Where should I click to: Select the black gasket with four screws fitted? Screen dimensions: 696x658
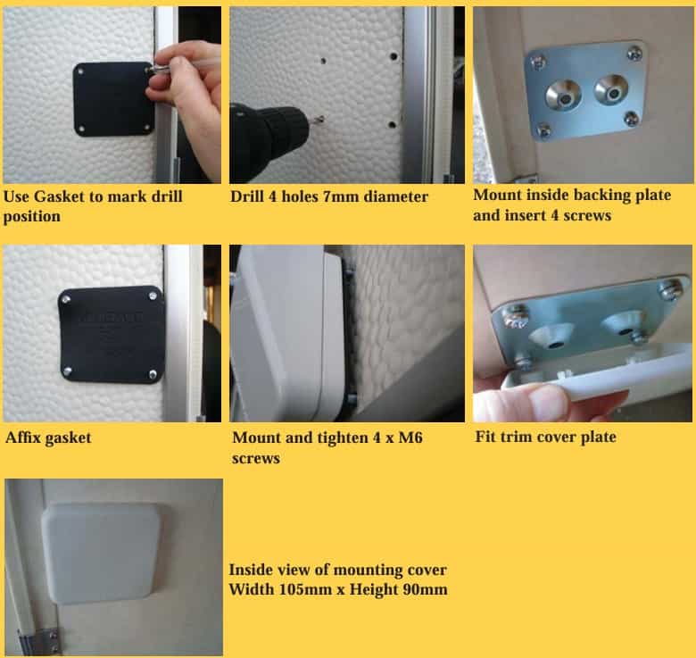pos(112,335)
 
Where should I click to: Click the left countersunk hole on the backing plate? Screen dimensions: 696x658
pos(564,96)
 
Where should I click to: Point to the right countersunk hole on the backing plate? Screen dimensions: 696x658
pos(611,90)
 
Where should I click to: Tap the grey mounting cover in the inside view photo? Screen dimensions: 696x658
pos(103,554)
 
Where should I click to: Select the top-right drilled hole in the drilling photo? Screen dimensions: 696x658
pos(394,56)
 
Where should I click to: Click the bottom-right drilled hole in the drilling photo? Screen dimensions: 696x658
pos(392,125)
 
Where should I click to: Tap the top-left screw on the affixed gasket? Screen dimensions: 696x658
pos(66,300)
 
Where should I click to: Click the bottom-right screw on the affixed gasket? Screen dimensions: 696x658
pos(153,375)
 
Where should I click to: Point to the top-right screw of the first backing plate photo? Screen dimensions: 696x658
pos(634,54)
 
